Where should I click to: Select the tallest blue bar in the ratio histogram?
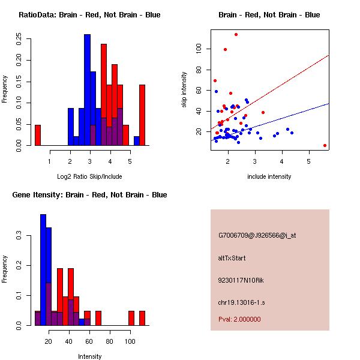tap(87, 90)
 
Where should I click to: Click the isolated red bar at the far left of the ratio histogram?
tap(38, 135)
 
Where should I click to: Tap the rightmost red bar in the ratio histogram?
tap(142, 115)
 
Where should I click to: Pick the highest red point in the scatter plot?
tap(236, 34)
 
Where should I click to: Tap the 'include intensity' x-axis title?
tap(269, 176)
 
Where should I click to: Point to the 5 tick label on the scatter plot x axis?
tap(308, 160)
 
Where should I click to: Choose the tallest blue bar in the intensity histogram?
tap(43, 269)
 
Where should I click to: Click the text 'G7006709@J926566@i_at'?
tap(257, 235)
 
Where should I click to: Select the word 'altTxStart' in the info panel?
tap(232, 258)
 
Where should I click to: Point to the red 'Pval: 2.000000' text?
tap(239, 319)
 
